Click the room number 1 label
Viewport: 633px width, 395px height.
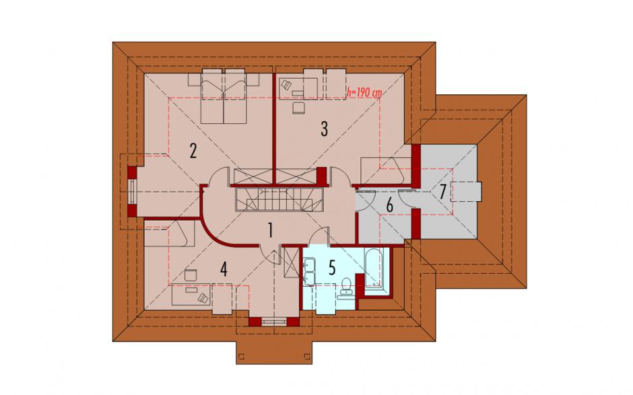point(271,231)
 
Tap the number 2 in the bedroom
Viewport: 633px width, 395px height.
point(193,151)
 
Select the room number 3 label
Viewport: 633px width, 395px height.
point(324,129)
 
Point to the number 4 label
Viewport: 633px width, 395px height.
point(224,269)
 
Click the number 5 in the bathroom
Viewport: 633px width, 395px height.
point(332,268)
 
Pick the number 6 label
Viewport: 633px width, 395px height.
point(390,205)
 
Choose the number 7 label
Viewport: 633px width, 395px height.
point(442,192)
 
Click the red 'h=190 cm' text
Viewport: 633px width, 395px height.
point(364,92)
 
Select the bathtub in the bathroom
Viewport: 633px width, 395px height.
point(373,268)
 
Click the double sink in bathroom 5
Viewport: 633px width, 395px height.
point(310,273)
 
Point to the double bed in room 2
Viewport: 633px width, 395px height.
point(224,96)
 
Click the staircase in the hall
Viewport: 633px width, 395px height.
point(279,199)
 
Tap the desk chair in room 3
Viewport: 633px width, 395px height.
point(298,108)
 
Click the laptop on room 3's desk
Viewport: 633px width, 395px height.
point(286,85)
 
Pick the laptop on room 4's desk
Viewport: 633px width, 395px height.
point(203,297)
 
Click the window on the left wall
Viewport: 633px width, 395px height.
point(131,192)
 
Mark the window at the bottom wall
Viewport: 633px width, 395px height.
point(273,322)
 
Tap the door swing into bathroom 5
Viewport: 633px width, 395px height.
point(321,236)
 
